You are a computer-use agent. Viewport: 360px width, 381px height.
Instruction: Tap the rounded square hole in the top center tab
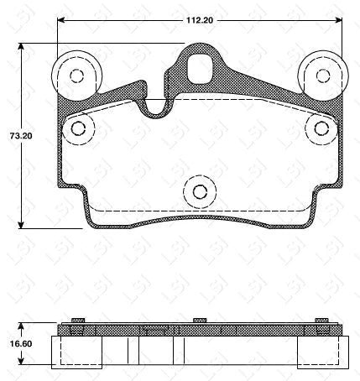[x=200, y=68]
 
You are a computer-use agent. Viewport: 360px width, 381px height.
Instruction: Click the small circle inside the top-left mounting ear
[x=76, y=76]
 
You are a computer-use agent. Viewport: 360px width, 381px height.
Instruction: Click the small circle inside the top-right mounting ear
[x=323, y=76]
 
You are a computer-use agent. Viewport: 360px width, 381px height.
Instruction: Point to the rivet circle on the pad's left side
[x=80, y=128]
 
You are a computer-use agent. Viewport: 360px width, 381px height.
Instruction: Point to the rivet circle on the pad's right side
[x=321, y=128]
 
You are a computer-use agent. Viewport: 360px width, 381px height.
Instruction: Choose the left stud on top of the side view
[x=76, y=320]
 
